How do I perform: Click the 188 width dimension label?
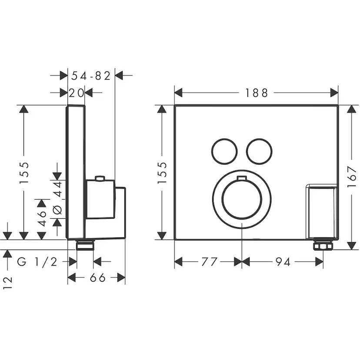tap(257, 93)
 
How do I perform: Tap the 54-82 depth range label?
tap(91, 76)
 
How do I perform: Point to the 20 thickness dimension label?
tap(76, 93)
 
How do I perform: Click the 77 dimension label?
tap(210, 262)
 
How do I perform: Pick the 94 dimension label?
tap(283, 262)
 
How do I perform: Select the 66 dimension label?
tap(97, 278)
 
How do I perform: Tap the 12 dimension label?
tap(7, 283)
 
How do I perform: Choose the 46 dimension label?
tap(42, 219)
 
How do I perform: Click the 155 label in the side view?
tap(24, 173)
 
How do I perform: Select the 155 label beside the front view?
tap(162, 173)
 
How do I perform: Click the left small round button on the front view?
tap(224, 152)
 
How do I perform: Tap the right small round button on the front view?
tap(259, 152)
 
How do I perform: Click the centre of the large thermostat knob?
tap(242, 199)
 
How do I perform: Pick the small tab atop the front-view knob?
tap(242, 178)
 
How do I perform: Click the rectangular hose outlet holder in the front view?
tap(321, 212)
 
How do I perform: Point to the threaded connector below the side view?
tap(85, 245)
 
